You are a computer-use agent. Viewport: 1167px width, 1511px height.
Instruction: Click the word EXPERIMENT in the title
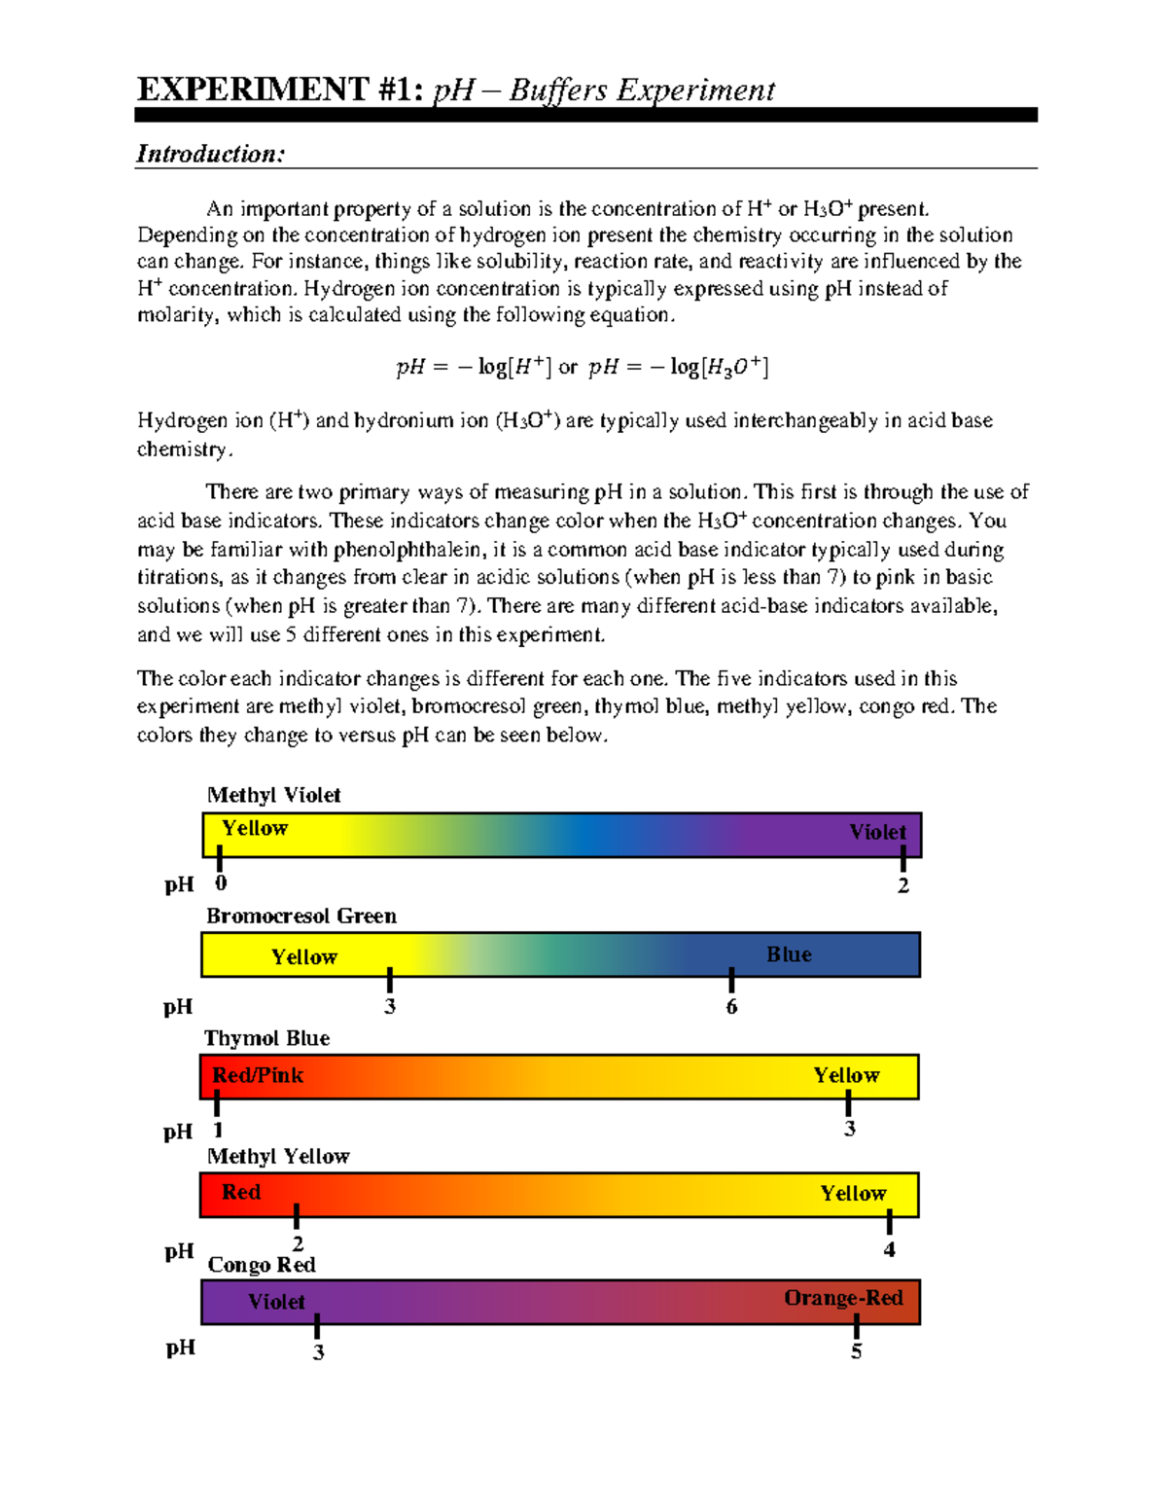[x=252, y=90]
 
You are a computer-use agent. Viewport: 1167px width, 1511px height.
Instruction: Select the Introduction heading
[x=210, y=154]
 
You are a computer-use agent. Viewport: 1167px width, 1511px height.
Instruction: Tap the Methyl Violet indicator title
[x=273, y=795]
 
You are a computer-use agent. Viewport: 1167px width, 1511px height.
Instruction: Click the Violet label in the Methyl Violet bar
[x=877, y=832]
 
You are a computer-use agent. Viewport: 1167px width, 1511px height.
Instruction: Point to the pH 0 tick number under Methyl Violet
[x=221, y=883]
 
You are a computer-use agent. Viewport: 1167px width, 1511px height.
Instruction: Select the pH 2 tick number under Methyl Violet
[x=903, y=885]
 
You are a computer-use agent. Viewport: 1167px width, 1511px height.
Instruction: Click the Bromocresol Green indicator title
[x=301, y=916]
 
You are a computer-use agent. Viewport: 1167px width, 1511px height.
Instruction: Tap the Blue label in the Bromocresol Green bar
[x=789, y=954]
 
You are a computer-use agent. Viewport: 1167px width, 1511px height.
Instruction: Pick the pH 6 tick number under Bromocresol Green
[x=731, y=1007]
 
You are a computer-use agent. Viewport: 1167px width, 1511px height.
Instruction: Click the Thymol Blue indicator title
[x=266, y=1038]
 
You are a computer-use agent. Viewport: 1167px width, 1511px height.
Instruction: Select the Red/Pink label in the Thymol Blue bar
[x=258, y=1075]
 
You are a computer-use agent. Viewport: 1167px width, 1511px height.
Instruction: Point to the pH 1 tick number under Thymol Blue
[x=218, y=1130]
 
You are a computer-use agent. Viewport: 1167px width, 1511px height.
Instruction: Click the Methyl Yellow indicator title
[x=278, y=1156]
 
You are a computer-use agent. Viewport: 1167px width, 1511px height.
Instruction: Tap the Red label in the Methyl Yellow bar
[x=241, y=1192]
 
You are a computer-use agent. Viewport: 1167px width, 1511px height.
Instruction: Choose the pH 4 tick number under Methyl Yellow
[x=889, y=1249]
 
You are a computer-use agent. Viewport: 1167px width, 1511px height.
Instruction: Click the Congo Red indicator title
[x=262, y=1265]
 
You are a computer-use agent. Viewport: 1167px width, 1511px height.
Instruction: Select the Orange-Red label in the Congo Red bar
[x=843, y=1298]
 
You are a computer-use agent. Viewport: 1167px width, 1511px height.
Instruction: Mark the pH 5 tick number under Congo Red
[x=856, y=1351]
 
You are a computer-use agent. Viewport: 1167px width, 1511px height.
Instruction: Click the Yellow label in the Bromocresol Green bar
[x=304, y=957]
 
